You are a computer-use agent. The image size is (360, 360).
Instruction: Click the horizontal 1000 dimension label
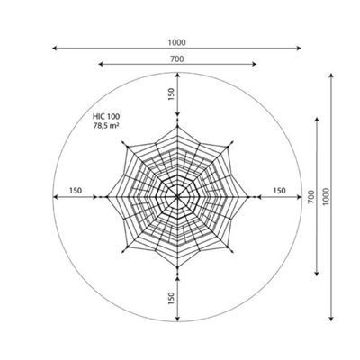point(176,43)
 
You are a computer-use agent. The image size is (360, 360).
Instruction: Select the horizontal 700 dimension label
point(177,59)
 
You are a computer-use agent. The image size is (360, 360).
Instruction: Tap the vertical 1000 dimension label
point(326,197)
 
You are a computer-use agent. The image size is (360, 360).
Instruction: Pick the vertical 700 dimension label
point(311,197)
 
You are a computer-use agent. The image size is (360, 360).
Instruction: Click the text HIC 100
point(106,117)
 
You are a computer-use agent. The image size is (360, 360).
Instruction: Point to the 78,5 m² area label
point(105,126)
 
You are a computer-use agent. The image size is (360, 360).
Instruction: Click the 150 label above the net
point(171,94)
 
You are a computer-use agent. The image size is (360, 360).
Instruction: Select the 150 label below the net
point(171,298)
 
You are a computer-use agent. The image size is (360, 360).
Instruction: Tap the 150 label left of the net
point(76,191)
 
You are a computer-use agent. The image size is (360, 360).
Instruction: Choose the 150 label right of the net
point(279,191)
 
